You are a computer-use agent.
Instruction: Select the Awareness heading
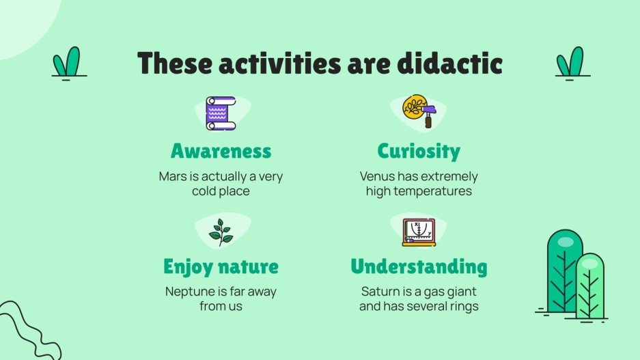221,150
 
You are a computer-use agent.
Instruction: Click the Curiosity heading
419,150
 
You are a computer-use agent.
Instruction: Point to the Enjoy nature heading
221,266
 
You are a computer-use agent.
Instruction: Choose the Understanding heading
419,266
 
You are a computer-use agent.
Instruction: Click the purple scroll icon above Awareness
220,113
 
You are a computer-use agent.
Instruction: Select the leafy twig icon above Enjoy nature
220,232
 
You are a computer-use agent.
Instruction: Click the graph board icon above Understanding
419,232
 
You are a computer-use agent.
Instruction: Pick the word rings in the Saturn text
462,306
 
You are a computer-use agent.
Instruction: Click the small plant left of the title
66,63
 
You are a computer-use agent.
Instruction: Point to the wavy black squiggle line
24,328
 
